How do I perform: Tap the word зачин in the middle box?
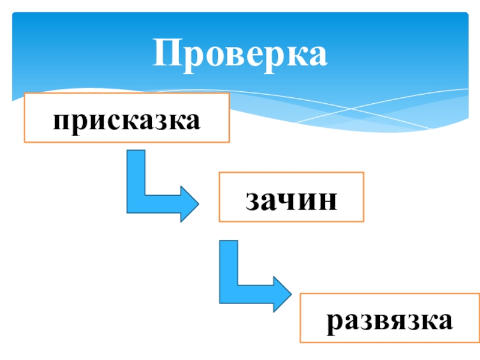291,200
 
